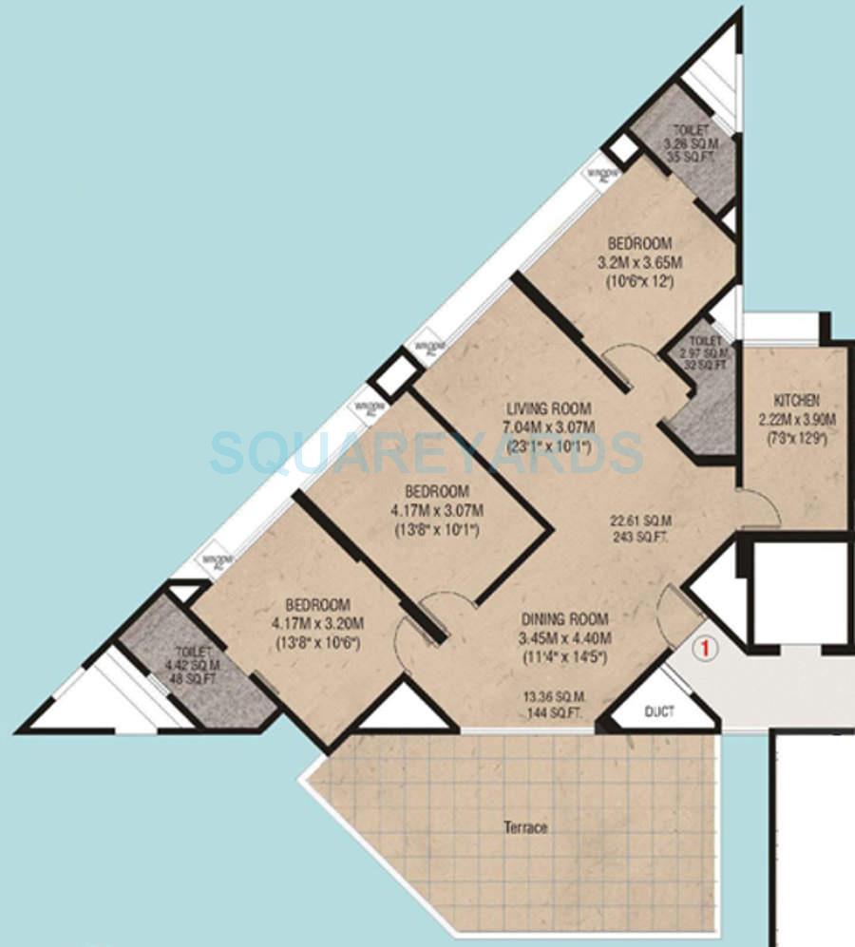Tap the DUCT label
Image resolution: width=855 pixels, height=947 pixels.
click(660, 711)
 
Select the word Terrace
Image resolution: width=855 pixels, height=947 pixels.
click(525, 827)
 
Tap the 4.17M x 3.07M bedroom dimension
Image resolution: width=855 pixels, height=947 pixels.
click(438, 511)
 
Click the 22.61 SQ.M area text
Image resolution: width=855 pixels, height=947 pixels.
click(642, 521)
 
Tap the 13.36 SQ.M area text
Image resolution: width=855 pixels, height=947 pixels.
click(551, 695)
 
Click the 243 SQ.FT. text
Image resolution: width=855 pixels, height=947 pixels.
click(642, 537)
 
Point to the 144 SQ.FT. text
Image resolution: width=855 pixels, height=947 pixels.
click(551, 711)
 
